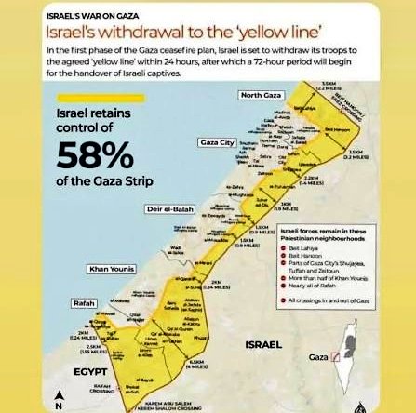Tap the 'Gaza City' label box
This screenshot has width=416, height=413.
[x=215, y=142]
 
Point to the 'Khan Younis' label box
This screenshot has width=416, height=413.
[x=111, y=270]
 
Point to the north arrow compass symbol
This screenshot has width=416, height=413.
[x=59, y=399]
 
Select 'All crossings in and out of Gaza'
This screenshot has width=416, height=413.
[x=325, y=300]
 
